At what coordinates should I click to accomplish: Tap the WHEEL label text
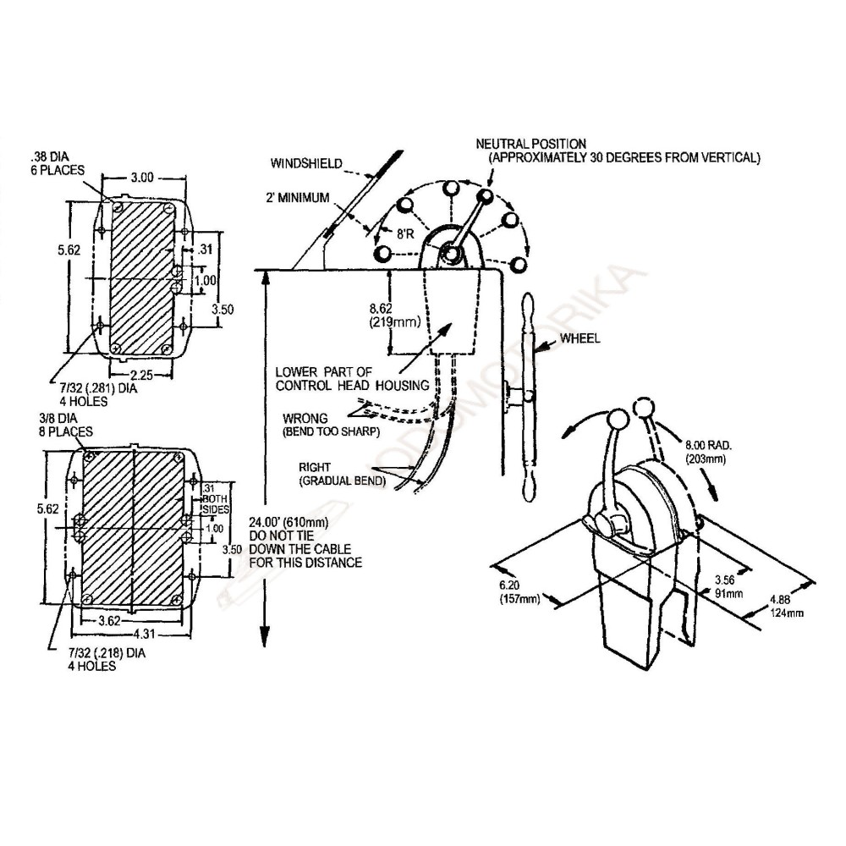tap(580, 339)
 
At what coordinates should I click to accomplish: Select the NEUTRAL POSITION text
tap(531, 145)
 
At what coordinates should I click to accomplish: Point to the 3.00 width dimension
tap(141, 178)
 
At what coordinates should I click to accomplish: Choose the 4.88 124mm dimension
tap(787, 607)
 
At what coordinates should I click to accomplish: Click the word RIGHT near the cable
tap(312, 467)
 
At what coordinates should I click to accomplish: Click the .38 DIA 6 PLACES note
tap(58, 163)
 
